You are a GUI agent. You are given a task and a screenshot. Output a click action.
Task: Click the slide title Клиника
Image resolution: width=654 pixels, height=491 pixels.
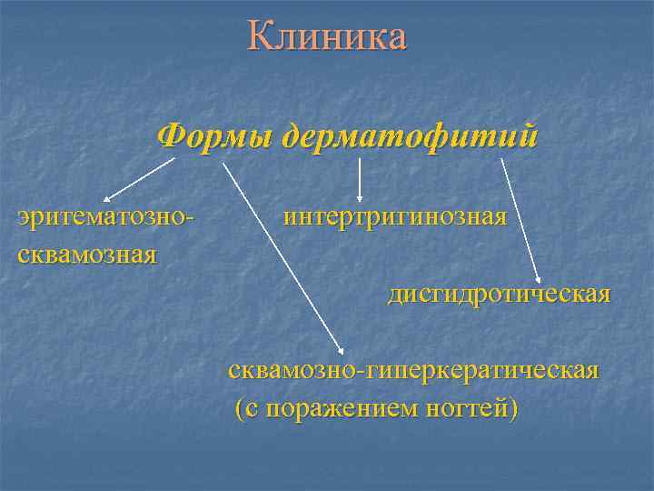pos(327,37)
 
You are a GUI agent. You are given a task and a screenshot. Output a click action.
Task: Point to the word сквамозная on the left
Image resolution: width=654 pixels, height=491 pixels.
pos(87,252)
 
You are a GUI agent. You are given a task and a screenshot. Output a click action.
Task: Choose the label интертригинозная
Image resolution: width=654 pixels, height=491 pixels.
pos(394,218)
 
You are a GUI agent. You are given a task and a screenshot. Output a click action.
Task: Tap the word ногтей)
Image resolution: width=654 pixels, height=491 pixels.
pos(471,408)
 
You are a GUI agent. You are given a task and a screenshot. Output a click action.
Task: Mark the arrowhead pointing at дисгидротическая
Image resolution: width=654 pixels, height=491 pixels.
pos(540,279)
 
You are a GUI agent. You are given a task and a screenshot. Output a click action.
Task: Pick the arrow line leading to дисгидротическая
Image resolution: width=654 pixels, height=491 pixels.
pos(520,218)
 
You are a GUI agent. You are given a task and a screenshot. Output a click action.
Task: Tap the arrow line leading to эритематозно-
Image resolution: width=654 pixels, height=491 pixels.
pos(141,179)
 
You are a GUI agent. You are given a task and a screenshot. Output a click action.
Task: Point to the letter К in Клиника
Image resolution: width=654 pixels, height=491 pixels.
pos(260,37)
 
